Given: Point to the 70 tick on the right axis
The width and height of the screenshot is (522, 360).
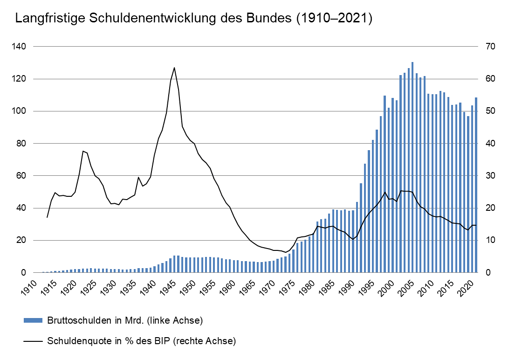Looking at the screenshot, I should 492,47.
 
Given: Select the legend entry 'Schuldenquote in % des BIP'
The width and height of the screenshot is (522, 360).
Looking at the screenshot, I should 142,341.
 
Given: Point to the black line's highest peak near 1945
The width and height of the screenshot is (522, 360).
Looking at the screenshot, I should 174,68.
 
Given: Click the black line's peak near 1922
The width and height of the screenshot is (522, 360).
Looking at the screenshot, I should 83,151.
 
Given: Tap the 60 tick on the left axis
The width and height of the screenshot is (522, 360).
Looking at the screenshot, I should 22,176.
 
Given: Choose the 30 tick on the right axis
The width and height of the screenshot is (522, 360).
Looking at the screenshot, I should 492,176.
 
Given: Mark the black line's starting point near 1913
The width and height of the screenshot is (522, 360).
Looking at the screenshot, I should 47,217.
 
